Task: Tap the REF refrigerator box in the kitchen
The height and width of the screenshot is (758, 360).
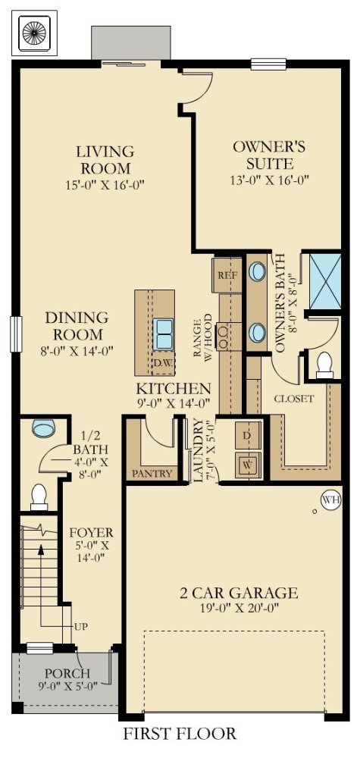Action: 227,275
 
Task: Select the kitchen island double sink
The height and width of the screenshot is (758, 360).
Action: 163,334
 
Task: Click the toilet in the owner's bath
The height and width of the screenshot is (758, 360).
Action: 324,365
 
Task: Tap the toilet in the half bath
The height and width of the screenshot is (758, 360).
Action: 39,498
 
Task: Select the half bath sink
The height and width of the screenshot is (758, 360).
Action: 43,428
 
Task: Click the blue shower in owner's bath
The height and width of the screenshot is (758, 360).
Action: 324,281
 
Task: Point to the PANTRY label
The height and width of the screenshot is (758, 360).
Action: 152,474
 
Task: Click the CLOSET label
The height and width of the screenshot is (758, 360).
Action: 294,399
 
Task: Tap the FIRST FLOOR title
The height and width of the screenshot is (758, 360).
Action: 180,734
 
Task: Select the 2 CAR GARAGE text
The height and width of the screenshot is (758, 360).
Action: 239,593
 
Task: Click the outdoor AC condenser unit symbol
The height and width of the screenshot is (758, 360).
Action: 34,31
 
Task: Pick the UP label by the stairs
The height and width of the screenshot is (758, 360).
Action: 80,627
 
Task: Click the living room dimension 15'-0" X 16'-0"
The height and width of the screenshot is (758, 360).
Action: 106,185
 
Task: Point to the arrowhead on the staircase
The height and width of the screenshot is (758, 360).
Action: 41,549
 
